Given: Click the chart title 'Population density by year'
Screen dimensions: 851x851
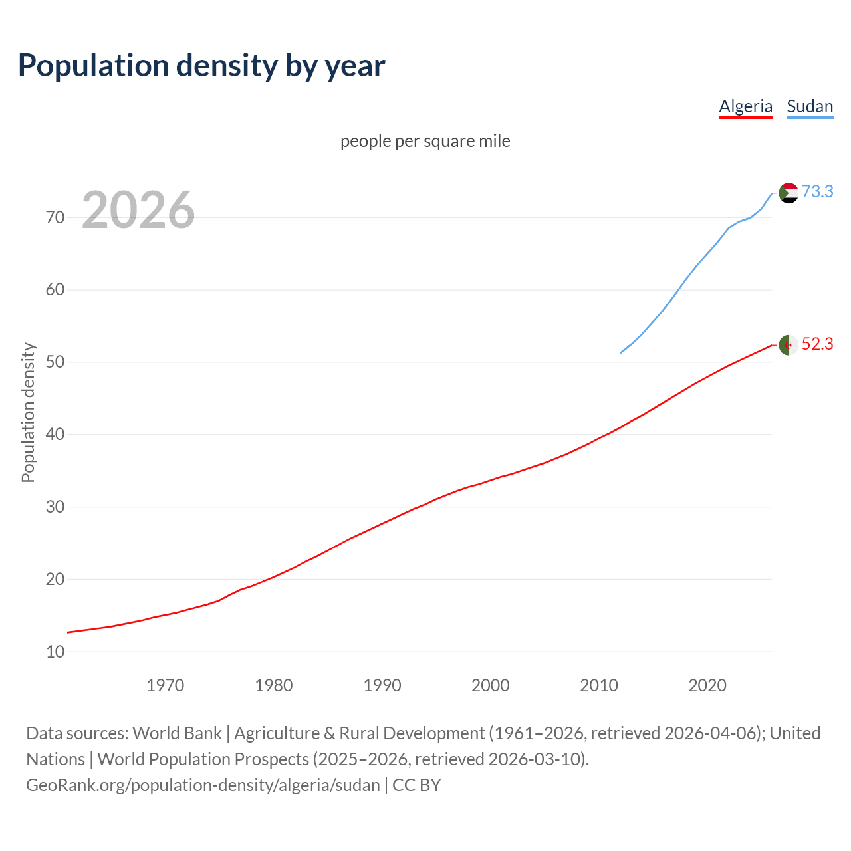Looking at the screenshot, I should [201, 65].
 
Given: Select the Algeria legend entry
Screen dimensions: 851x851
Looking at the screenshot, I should [745, 106].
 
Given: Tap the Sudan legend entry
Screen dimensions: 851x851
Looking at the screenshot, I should [809, 106].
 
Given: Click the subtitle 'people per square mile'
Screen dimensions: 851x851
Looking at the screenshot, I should [425, 141].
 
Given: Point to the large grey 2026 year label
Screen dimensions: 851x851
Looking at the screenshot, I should [138, 210].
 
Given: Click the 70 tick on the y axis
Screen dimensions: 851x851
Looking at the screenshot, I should [55, 217].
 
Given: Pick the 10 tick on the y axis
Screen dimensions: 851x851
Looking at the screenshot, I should [55, 652].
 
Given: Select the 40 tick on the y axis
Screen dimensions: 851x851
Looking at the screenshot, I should [55, 435].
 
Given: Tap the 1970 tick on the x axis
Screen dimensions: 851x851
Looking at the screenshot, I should [165, 685].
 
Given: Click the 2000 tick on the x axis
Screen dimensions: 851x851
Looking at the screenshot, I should [490, 685].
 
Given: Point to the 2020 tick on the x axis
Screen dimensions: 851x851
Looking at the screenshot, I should [707, 685].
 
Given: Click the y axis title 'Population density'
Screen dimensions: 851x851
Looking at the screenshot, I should [28, 412].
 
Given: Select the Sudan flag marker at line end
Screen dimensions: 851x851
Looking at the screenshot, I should [788, 193].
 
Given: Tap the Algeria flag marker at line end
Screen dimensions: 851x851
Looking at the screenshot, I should [788, 345].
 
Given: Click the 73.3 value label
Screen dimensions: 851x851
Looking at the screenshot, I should [817, 191].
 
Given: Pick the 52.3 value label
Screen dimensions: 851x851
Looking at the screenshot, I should [817, 344].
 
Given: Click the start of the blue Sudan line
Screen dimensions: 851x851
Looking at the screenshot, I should [621, 352].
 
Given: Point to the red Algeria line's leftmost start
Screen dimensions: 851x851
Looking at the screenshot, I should [68, 632].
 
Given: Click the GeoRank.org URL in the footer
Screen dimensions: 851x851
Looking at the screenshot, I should [203, 785].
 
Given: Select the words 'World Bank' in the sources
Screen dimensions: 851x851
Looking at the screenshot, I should [177, 733].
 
